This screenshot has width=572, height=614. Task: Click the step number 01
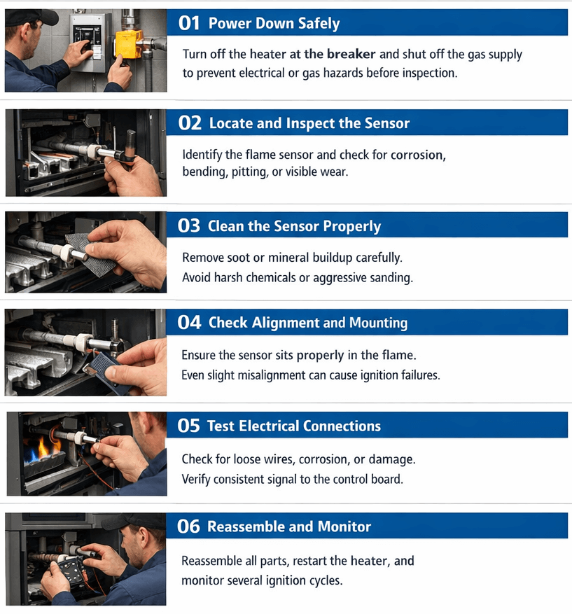coord(189,23)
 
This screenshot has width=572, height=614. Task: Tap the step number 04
coord(189,323)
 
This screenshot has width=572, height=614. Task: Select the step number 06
coord(188,526)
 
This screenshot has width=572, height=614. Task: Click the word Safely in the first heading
coord(319,24)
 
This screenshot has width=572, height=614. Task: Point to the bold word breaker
coord(351,54)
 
